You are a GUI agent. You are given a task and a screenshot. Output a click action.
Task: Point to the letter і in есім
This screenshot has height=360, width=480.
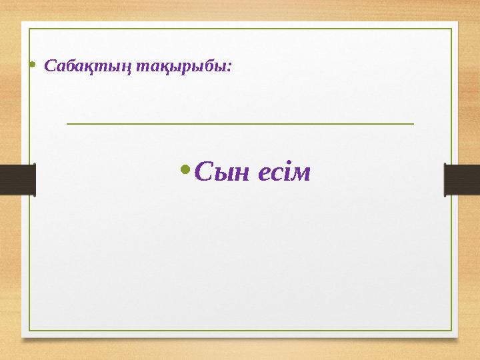tap(287, 173)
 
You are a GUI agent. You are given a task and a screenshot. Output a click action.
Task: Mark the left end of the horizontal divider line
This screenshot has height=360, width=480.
tap(67, 123)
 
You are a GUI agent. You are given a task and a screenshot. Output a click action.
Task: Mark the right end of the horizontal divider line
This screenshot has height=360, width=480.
tap(414, 123)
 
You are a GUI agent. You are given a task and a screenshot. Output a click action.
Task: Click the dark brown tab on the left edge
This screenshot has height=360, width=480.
tap(17, 180)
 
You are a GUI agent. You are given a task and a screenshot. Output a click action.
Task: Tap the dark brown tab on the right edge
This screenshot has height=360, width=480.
tap(462, 180)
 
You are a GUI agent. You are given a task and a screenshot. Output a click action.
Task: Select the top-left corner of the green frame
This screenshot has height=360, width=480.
tap(28, 29)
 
